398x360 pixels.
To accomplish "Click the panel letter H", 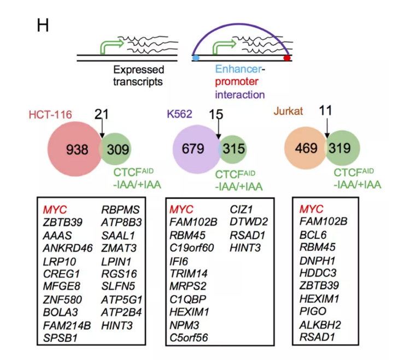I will tap(43, 25).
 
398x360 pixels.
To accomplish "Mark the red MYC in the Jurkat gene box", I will tap(311, 209).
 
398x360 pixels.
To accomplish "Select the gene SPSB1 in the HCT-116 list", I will tap(60, 338).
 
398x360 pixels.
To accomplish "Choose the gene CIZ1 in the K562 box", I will tap(242, 209).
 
